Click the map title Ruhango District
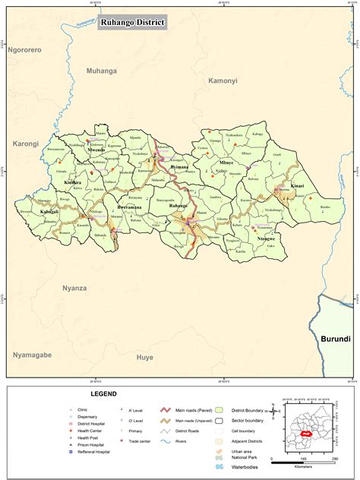[132, 24]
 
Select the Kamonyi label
[223, 80]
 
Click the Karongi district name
[26, 143]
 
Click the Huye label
[144, 356]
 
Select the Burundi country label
[335, 338]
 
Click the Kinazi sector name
[298, 185]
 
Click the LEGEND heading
[103, 394]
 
